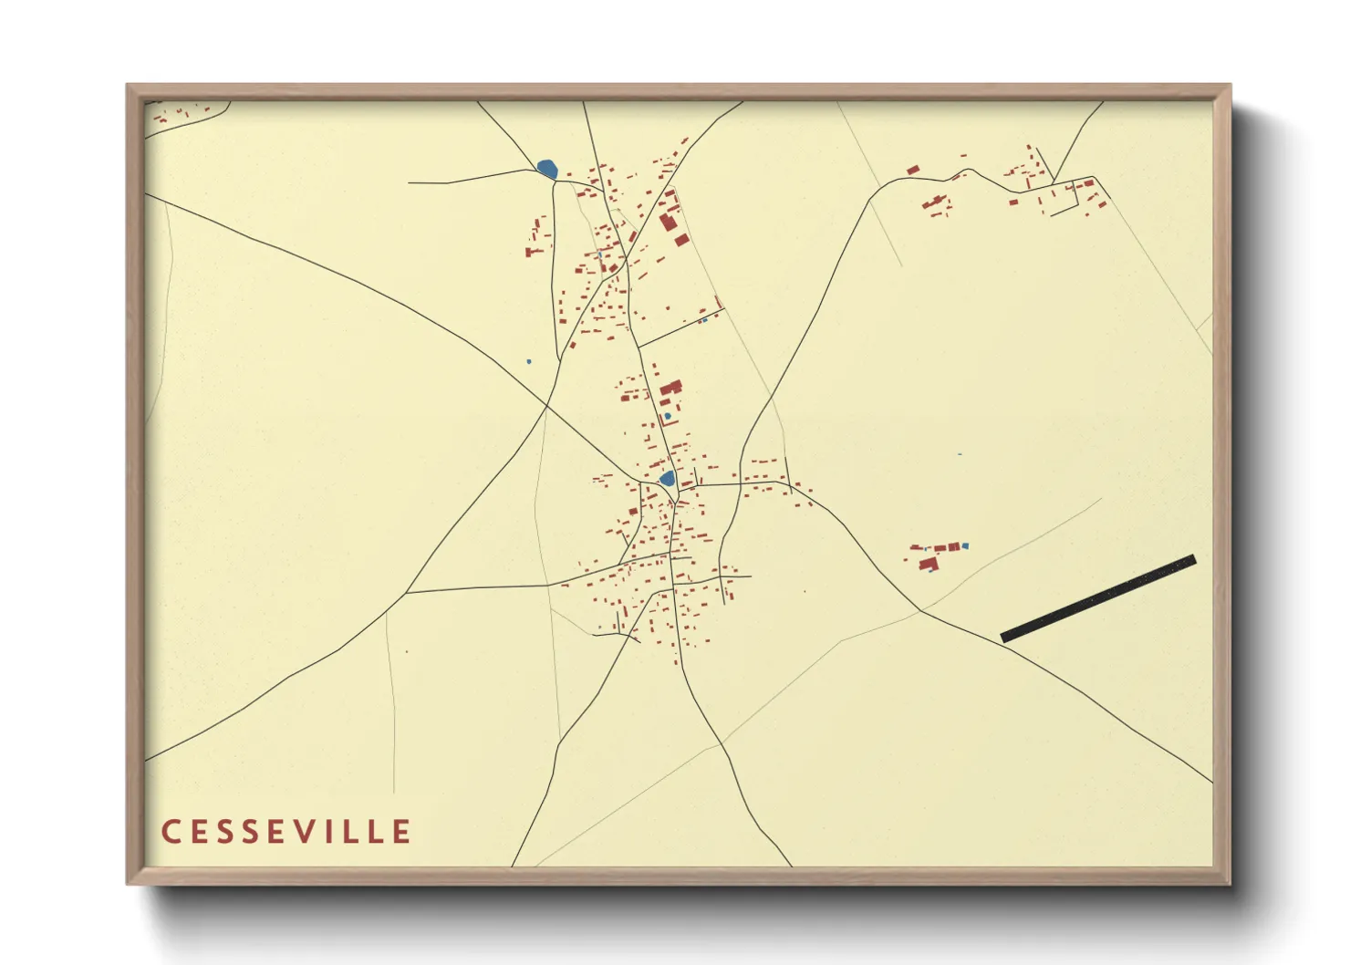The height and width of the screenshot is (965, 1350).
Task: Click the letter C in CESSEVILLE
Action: pos(169,832)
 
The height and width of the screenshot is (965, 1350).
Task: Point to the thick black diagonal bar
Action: pos(1098,598)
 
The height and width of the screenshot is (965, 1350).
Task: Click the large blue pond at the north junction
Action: pos(547,169)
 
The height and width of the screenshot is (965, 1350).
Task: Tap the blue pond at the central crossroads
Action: pos(667,478)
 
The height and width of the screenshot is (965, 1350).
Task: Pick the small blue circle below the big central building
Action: pos(668,416)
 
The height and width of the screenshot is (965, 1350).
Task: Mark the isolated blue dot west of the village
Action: pos(529,361)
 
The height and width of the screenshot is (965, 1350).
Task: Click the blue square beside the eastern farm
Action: pos(965,546)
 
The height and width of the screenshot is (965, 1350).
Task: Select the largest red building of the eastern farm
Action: pos(929,565)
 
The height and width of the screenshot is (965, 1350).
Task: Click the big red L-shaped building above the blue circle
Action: pos(670,389)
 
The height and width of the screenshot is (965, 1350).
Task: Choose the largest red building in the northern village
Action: pos(669,222)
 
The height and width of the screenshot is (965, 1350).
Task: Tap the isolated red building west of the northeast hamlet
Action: pos(912,170)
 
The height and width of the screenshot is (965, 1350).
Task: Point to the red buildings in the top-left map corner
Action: pos(178,114)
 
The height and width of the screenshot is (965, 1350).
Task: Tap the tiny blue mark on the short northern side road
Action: pos(703,320)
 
